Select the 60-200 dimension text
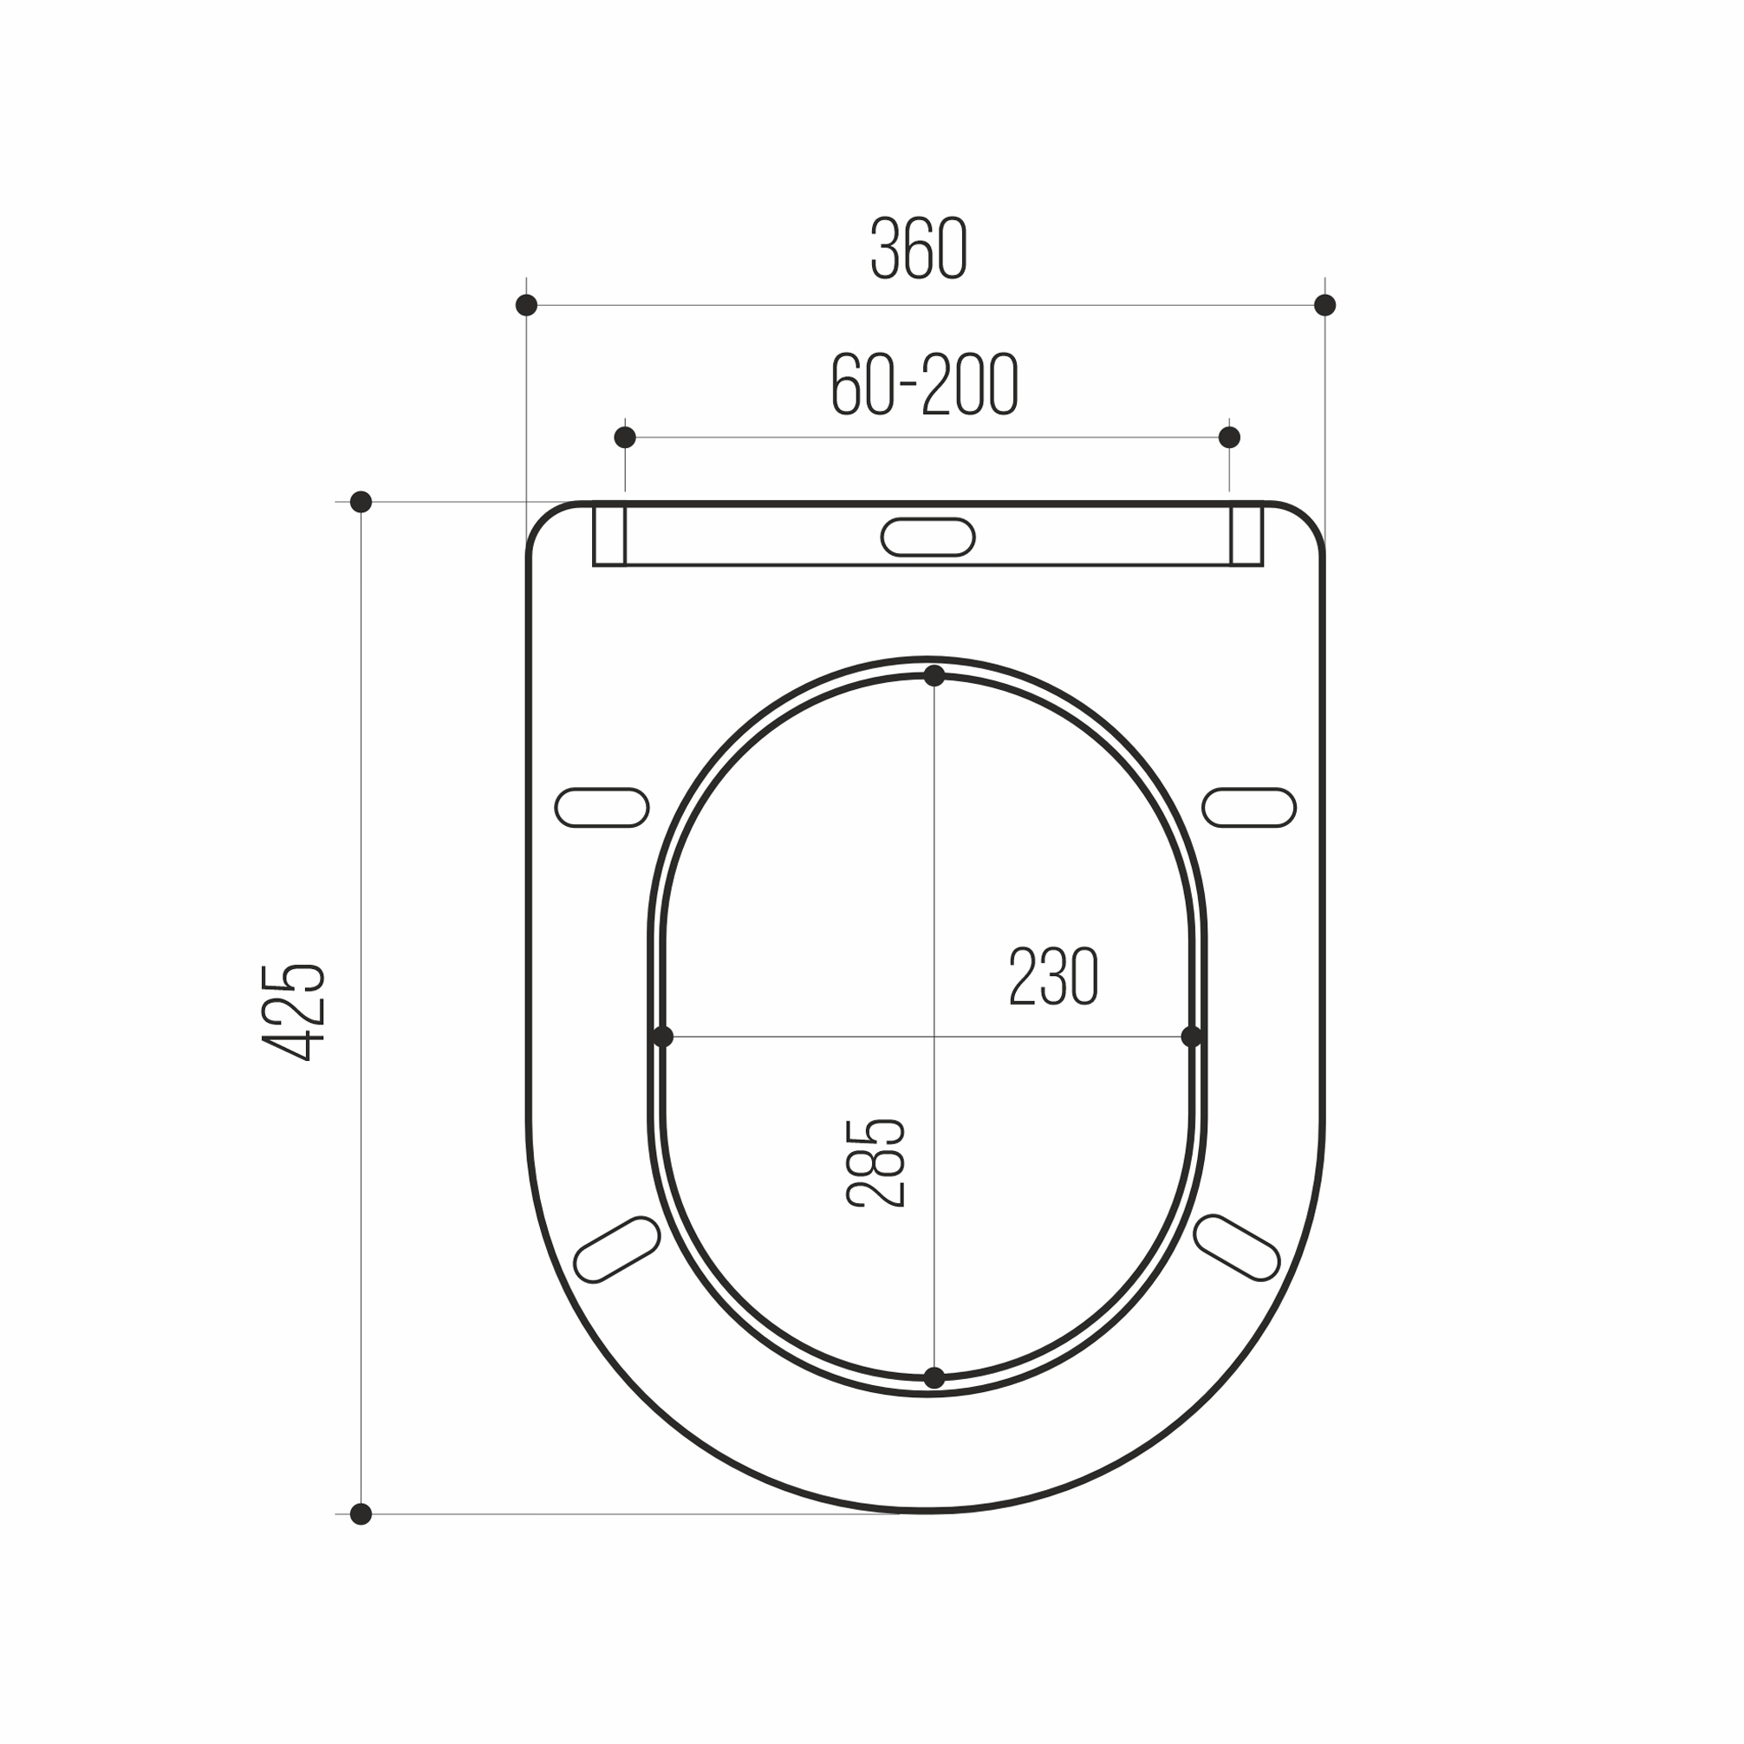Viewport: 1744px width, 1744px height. point(925,385)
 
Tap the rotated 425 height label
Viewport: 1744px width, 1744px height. point(292,1012)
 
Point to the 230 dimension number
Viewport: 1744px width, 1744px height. point(1053,976)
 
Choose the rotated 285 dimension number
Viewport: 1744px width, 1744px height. point(875,1162)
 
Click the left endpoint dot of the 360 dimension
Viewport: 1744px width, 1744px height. point(526,305)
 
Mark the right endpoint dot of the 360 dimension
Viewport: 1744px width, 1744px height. point(1325,305)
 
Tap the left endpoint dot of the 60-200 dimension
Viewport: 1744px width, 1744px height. point(625,438)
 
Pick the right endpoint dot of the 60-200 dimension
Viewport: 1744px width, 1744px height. point(1229,438)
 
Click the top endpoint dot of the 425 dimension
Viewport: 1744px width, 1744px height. point(361,502)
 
